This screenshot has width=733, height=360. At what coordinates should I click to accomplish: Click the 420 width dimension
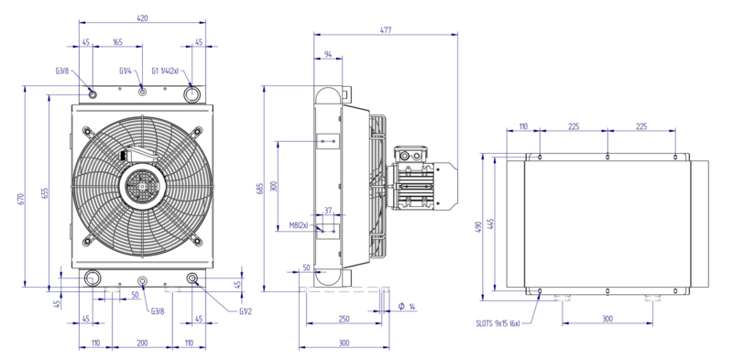(142, 18)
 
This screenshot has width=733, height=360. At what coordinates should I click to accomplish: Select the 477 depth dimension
(385, 30)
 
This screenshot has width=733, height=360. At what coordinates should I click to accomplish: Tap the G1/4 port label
(125, 71)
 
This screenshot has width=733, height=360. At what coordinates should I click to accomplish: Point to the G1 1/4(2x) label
(165, 71)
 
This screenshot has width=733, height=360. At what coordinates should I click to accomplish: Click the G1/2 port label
(246, 311)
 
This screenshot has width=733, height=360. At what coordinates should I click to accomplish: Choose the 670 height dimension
(20, 199)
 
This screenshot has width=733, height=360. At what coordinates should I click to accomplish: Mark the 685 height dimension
(260, 187)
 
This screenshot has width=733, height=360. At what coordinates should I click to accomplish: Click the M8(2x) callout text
(299, 225)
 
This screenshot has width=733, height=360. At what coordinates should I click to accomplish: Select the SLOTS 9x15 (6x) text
(498, 323)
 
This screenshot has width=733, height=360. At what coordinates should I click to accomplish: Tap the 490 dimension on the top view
(477, 227)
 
